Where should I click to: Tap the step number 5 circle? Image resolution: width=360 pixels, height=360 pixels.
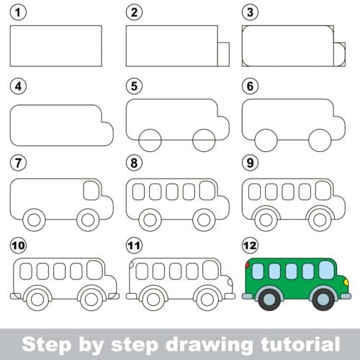tap(132, 86)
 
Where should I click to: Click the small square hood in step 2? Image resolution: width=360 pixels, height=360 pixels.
tap(223, 54)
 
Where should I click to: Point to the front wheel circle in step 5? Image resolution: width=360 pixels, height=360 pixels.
tap(204, 138)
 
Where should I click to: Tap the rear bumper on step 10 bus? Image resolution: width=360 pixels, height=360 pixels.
tap(15, 296)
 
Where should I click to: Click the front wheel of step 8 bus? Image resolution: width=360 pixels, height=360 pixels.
tap(204, 217)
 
